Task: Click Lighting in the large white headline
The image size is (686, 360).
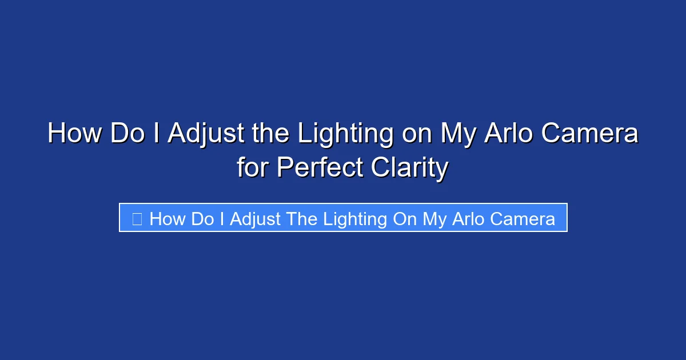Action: [x=345, y=134]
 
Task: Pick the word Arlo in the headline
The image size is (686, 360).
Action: [x=504, y=134]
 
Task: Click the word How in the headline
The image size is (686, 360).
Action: [x=74, y=134]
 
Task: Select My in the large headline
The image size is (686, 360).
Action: [x=458, y=134]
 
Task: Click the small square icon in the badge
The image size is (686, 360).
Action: [x=137, y=219]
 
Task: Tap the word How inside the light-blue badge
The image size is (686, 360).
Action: [x=167, y=219]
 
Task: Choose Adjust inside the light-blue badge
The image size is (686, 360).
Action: [x=256, y=219]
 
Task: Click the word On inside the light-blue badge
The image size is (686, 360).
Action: [x=405, y=219]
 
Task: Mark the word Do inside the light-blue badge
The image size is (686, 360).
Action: [x=202, y=219]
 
